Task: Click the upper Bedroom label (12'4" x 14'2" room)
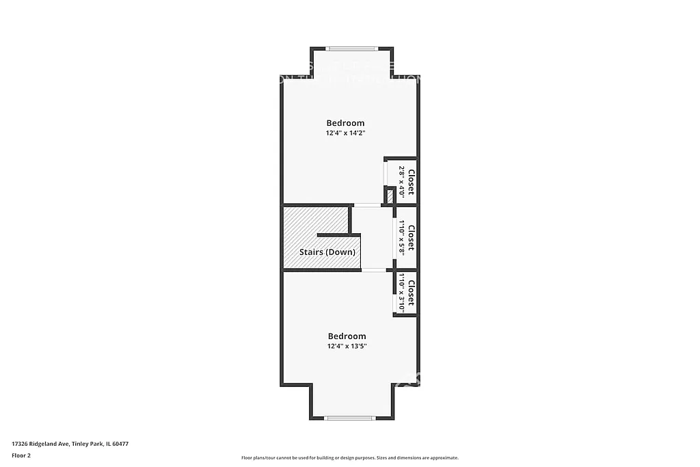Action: coord(345,123)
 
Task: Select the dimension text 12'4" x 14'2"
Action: coord(345,133)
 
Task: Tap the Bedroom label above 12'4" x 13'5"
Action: coord(347,336)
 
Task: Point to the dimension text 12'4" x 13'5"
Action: coord(347,347)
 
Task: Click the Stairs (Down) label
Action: coord(327,252)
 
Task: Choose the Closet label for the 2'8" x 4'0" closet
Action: coord(411,181)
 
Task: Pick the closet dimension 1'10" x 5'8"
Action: coord(402,237)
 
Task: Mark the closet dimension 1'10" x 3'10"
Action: coord(402,293)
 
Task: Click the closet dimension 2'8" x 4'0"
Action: coord(402,181)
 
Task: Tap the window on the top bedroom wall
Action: coord(351,49)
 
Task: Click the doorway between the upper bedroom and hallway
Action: coord(367,204)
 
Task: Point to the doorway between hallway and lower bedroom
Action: coord(373,270)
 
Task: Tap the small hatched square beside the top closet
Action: coord(390,196)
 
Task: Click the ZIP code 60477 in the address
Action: coord(120,444)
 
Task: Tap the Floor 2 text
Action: coord(22,455)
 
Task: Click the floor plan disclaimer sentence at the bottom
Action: coord(349,458)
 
